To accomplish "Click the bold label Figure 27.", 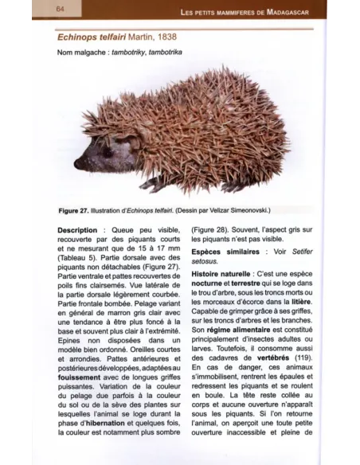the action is (78, 210).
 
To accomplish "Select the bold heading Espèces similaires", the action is (226, 252).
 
